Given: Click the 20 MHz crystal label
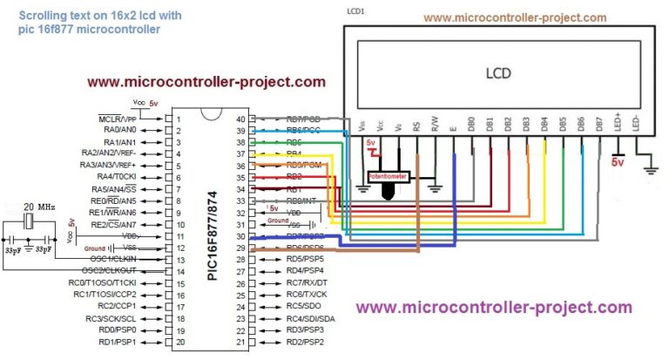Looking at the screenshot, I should pyautogui.click(x=37, y=206).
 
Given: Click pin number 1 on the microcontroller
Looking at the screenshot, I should pyautogui.click(x=179, y=119).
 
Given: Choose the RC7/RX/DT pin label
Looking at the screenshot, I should pyautogui.click(x=307, y=282).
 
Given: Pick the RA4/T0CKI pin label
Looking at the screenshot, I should pyautogui.click(x=120, y=176).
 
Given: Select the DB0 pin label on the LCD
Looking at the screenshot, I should pyautogui.click(x=471, y=123).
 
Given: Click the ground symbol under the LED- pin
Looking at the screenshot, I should pyautogui.click(x=648, y=161).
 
